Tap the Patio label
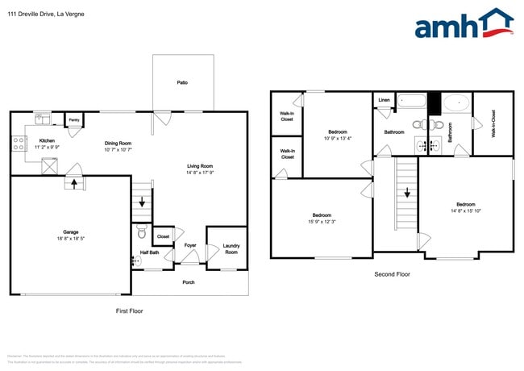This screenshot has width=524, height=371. coord(183,82)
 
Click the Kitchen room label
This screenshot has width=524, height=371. coord(47,140)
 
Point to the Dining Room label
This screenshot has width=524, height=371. coord(119,144)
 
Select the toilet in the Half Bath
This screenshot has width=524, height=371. coord(142,234)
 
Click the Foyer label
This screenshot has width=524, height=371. coord(190,244)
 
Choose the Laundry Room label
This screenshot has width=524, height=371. coord(231,248)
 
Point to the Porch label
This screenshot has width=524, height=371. coord(189,282)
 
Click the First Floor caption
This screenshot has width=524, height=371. coord(130,311)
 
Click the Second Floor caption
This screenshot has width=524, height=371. coord(393,274)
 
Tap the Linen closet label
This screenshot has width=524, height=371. coord(384,100)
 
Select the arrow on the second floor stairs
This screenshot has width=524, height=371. coord(407,194)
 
